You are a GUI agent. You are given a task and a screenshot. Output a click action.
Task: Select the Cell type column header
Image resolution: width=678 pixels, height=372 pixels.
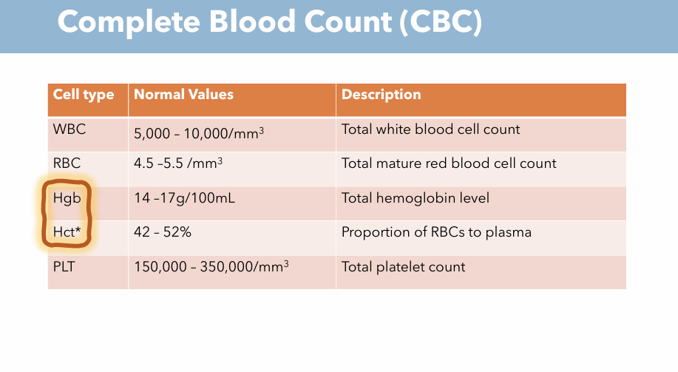[x=84, y=95]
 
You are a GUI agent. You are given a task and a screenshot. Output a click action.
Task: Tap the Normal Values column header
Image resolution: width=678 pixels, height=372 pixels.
[x=183, y=95]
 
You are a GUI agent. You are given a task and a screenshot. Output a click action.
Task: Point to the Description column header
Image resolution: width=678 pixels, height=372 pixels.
[x=381, y=95]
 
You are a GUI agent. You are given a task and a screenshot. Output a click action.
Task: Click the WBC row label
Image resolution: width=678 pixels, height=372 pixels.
[x=70, y=129]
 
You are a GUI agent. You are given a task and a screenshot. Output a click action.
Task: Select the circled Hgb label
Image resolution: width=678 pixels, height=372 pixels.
[x=67, y=198]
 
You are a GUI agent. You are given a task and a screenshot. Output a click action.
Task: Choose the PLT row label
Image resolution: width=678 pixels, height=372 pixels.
[x=66, y=266]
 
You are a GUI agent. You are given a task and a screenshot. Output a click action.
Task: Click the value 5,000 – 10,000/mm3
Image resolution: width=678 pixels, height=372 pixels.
[x=199, y=134]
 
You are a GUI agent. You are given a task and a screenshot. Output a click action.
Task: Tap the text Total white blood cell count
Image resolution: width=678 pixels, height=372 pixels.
[x=430, y=129]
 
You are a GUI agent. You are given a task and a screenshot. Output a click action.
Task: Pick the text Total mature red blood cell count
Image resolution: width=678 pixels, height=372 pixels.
[x=449, y=163]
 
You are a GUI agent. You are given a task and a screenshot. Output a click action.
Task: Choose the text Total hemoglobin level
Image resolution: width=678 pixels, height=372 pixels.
[x=415, y=198]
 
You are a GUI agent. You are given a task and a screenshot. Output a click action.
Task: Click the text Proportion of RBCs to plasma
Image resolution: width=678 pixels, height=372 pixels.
[x=436, y=232]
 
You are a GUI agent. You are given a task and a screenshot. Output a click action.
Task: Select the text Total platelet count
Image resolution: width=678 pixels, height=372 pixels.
[x=403, y=266]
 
